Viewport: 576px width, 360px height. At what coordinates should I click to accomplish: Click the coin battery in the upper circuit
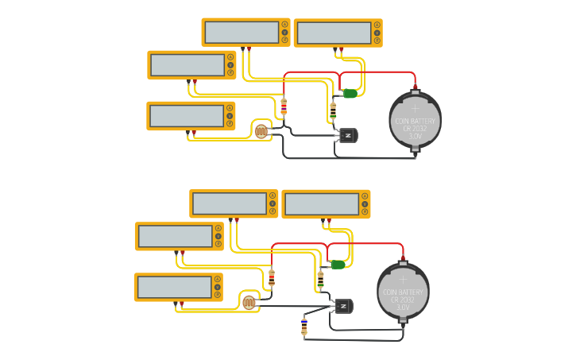click(414, 120)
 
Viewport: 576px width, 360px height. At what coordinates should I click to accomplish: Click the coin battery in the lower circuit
click(403, 291)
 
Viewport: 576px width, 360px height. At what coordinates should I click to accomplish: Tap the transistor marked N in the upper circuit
click(348, 135)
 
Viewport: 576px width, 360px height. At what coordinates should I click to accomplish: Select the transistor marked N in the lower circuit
click(343, 306)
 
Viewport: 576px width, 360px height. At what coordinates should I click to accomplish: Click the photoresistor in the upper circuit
click(261, 131)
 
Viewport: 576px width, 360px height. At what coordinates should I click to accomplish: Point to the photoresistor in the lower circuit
click(249, 302)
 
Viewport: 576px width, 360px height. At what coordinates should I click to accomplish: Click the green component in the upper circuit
click(350, 94)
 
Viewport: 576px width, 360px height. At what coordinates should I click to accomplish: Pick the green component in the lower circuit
click(338, 265)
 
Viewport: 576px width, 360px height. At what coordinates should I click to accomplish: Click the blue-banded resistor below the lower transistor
click(304, 326)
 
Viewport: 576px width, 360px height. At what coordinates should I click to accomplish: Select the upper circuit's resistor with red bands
click(284, 106)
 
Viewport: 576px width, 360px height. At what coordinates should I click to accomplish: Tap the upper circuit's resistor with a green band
click(333, 110)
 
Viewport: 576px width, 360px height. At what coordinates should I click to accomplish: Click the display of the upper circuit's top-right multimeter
click(334, 33)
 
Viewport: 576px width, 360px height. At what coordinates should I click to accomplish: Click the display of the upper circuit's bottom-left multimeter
click(187, 116)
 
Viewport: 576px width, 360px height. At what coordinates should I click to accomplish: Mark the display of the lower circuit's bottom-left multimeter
click(174, 287)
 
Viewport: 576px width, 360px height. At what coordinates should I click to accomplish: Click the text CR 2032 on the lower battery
click(403, 300)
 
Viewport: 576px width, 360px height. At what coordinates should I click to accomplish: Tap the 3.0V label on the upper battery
click(415, 136)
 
